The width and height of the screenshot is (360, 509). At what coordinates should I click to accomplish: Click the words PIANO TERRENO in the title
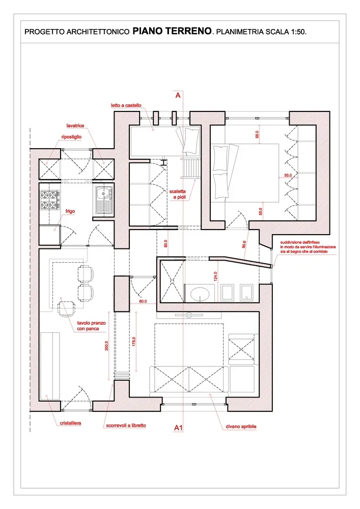(x=172, y=31)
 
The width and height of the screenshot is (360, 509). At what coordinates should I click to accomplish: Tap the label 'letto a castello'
(x=126, y=105)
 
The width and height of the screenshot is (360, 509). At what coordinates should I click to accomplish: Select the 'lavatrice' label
(x=75, y=126)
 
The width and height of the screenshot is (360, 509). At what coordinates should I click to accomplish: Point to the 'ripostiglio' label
(x=71, y=137)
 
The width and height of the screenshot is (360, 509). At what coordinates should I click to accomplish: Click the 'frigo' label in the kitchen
(x=70, y=211)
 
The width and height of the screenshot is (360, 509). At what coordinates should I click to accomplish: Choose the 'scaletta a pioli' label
(x=178, y=194)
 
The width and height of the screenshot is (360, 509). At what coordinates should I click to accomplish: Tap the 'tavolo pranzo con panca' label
(x=91, y=326)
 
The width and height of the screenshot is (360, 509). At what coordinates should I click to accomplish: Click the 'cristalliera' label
(x=70, y=423)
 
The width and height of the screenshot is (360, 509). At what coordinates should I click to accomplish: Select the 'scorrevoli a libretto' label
(x=126, y=425)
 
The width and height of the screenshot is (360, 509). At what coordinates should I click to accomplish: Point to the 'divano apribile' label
(x=241, y=427)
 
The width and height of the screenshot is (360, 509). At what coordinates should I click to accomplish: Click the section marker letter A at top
(x=178, y=95)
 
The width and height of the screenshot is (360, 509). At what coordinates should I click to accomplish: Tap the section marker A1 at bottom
(x=179, y=428)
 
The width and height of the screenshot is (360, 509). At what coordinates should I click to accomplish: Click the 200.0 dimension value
(x=106, y=346)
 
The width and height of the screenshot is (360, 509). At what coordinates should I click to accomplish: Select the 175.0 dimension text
(x=134, y=342)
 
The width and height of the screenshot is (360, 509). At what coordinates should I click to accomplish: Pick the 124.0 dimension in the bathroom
(x=215, y=276)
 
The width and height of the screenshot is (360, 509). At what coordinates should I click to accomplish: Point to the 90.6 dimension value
(x=244, y=244)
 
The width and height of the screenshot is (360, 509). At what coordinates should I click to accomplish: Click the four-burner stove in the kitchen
(x=50, y=200)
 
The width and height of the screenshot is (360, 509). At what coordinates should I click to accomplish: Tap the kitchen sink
(x=104, y=200)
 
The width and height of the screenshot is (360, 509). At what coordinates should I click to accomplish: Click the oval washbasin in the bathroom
(x=200, y=294)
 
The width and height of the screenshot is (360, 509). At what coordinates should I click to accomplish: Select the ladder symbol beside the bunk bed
(x=191, y=168)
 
